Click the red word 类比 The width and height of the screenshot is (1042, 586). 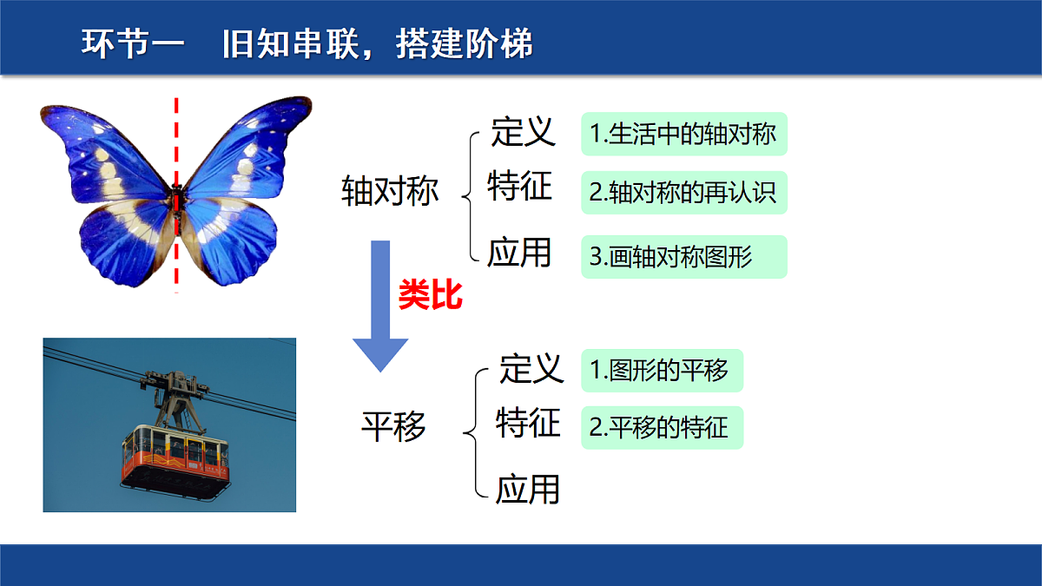431,295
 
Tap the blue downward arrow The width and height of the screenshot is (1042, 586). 380,306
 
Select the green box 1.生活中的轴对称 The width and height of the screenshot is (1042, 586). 684,134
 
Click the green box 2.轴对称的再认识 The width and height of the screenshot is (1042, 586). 684,193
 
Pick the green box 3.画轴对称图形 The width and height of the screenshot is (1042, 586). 684,257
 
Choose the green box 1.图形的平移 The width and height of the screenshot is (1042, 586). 663,371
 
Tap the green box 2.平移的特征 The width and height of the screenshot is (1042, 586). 663,428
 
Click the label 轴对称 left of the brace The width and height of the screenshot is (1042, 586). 390,191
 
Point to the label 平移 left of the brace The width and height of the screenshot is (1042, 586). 393,426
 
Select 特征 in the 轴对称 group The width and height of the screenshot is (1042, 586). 519,186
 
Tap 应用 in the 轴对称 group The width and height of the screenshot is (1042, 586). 519,253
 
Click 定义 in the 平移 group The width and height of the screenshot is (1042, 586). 531,369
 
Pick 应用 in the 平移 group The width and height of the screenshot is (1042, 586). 528,490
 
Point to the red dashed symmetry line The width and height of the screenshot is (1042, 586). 176,195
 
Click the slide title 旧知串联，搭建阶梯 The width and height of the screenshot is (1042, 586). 377,43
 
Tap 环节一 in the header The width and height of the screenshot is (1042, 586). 133,43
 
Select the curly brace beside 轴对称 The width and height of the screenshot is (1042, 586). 470,197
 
